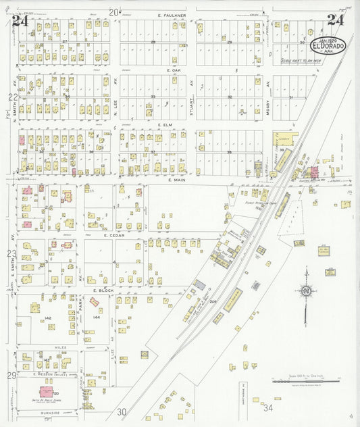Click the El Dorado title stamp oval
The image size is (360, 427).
pos(328,45)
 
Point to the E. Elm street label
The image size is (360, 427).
pos(166,125)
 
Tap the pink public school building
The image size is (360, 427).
pos(47,391)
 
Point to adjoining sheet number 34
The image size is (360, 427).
pos(268,408)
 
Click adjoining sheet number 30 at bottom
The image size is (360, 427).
pos(121,411)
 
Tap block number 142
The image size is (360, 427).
pos(47,317)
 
